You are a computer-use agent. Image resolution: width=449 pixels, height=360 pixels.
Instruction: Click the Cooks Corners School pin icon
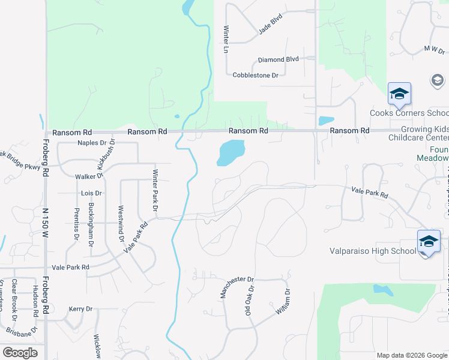(x=399, y=94)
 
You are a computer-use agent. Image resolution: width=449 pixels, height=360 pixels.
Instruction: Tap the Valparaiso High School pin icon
(x=429, y=242)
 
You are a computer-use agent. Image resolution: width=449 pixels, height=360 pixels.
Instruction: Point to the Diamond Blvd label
(x=278, y=59)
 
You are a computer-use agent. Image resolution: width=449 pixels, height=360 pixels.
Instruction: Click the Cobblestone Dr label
(x=255, y=75)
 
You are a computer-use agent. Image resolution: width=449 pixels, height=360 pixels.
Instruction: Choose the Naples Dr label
(x=92, y=143)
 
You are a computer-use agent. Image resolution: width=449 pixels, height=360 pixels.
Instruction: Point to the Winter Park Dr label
(x=154, y=190)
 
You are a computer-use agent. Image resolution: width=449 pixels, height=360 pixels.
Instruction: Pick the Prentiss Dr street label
(x=76, y=223)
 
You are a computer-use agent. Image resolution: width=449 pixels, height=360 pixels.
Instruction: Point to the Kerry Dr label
(x=80, y=308)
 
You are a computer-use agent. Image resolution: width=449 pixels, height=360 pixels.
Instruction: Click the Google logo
(x=20, y=353)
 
